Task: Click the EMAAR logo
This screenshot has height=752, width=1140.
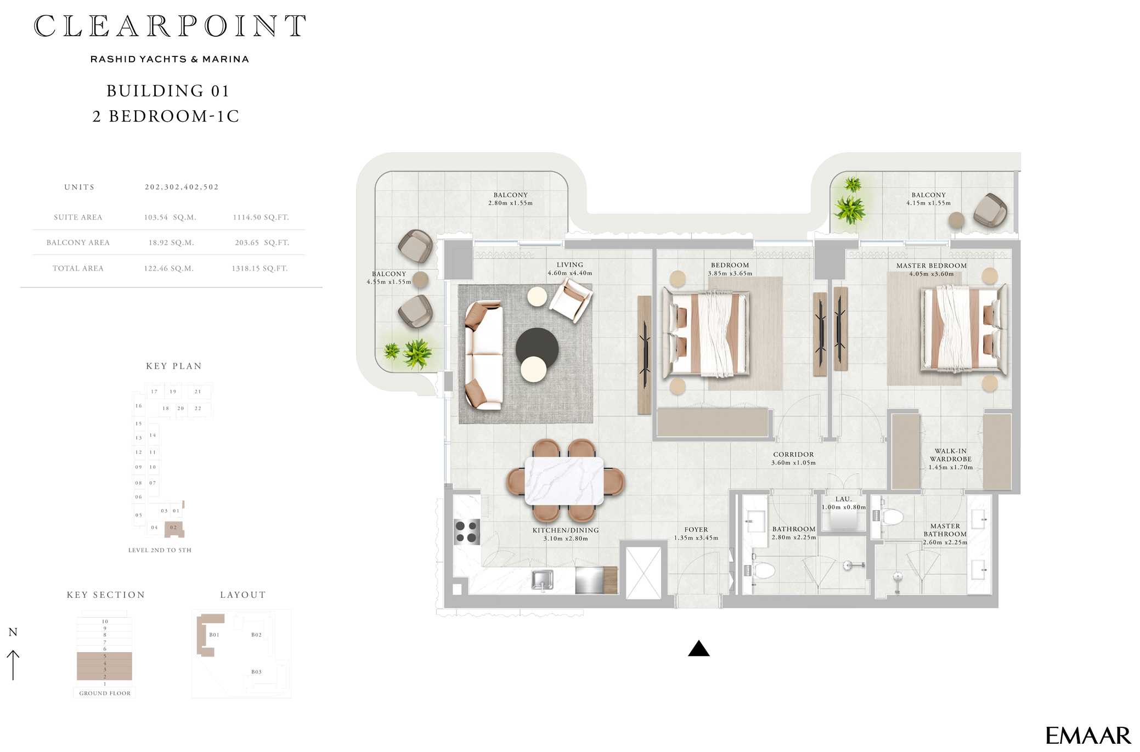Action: tap(1088, 735)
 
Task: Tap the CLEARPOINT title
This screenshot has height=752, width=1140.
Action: tap(170, 26)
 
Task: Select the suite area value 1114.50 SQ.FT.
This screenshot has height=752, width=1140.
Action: tap(261, 217)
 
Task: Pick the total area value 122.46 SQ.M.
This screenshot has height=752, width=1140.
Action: tap(169, 268)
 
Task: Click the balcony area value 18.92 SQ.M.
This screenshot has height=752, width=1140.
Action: tap(171, 242)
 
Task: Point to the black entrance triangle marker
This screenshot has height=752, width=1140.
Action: tap(699, 648)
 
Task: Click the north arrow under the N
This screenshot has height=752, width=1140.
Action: tap(13, 665)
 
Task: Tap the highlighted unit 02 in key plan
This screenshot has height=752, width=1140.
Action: tap(174, 528)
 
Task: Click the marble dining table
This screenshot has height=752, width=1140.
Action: tap(565, 481)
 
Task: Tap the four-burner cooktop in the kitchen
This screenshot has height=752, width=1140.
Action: tap(466, 532)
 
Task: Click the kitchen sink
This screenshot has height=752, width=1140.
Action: tap(543, 580)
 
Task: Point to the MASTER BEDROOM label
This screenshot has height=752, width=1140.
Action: tap(932, 265)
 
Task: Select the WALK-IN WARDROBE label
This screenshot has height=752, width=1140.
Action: tap(951, 455)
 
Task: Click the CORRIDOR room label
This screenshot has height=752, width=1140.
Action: tap(793, 454)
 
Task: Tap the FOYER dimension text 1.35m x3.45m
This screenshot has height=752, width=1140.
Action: tap(696, 538)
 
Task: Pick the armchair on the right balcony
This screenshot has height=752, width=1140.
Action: tap(990, 210)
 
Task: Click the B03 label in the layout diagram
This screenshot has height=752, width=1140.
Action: tap(256, 672)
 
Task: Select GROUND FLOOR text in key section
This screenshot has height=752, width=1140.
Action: tap(105, 693)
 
